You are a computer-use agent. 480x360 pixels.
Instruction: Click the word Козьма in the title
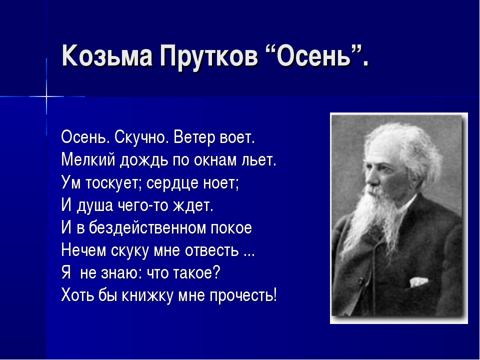(107, 55)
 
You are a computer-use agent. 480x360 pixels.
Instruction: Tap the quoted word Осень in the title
(313, 55)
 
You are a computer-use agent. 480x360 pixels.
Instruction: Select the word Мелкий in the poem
(87, 159)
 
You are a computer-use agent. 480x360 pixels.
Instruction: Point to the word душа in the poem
(94, 205)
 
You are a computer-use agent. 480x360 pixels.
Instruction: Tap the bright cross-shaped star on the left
(46, 96)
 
